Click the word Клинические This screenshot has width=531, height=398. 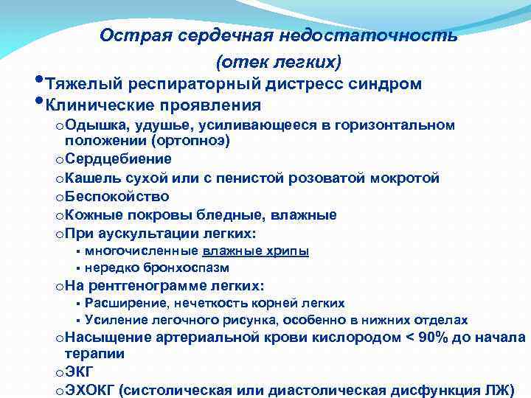[x=100, y=105]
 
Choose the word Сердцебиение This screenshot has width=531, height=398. [x=118, y=158]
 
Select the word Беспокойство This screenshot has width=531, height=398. [x=117, y=197]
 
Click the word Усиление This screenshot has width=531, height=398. [x=114, y=320]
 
